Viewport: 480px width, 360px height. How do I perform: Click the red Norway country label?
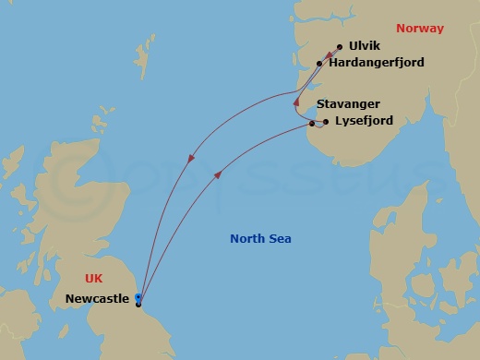pos(419,29)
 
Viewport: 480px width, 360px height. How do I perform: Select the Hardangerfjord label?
pos(373,64)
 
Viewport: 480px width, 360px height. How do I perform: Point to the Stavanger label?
pos(347,104)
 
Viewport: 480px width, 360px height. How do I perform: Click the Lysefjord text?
pos(363,121)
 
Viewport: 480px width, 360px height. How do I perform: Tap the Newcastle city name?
pos(97,299)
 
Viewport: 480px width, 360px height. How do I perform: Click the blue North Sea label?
pos(260,239)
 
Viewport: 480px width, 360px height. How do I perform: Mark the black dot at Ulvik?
pos(340,47)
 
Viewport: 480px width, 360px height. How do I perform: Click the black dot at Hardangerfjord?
pos(319,64)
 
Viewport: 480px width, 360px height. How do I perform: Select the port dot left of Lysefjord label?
pos(326,121)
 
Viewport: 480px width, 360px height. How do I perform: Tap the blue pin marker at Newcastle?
pos(138,297)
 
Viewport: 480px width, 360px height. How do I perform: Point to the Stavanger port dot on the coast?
pos(312,124)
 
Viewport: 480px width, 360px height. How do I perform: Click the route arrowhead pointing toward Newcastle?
pos(191,159)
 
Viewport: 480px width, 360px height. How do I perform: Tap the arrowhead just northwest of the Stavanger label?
pos(296,102)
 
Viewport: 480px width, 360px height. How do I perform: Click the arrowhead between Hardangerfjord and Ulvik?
pos(330,55)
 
